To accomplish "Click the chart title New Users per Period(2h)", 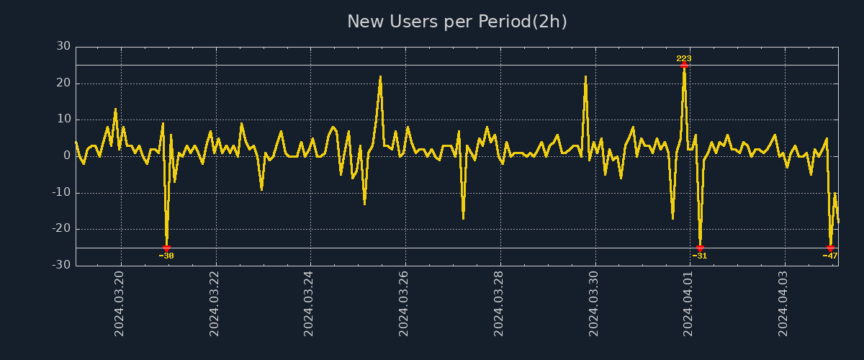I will point(456,22).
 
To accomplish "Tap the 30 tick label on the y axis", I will point(63,46).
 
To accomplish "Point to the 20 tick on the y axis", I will point(63,83).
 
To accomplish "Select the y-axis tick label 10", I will point(63,120).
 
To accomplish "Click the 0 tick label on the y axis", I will point(67,156).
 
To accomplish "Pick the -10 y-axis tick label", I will point(61,192).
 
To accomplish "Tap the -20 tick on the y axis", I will point(61,229).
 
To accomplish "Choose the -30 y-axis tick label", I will point(61,265).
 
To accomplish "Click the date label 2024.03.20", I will point(120,302).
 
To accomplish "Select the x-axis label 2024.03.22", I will point(215,302).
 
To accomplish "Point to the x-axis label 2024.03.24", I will point(310,302).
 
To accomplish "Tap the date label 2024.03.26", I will point(404,302).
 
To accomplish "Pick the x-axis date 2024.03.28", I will point(499,302).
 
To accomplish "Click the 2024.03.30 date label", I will point(594,302).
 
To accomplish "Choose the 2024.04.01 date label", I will point(689,302).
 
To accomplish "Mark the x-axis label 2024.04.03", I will point(784,302).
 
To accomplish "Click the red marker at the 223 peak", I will point(684,65).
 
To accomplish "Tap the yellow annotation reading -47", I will point(830,256).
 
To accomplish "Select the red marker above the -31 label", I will point(700,248).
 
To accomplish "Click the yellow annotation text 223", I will point(684,58).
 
